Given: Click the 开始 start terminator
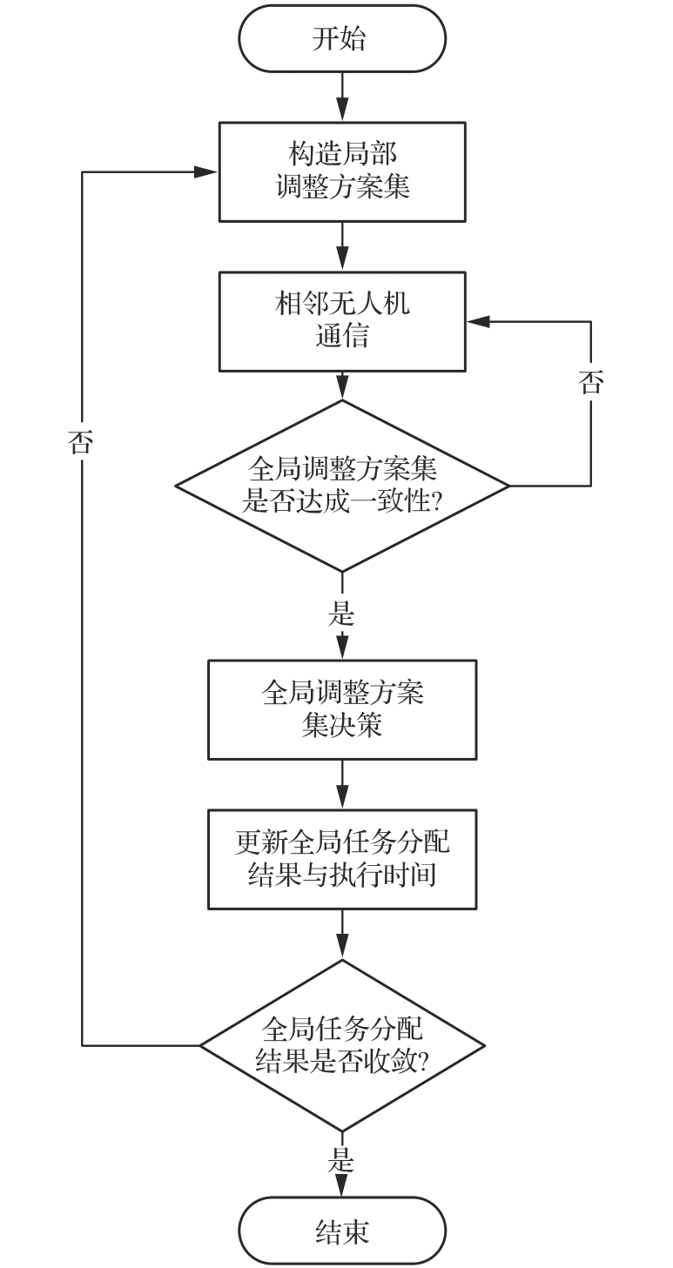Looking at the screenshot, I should (341, 39).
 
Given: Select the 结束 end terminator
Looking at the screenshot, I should (341, 1231).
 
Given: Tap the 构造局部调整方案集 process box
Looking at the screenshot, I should (341, 171).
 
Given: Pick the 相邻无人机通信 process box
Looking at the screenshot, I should (341, 321).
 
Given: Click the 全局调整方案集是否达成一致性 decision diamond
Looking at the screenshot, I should (341, 485).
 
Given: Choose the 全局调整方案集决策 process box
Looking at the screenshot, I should (341, 709).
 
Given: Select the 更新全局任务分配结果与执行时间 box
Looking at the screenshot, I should (341, 859).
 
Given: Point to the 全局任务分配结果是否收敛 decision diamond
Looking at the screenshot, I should (341, 1045).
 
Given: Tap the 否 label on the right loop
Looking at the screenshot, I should (591, 383).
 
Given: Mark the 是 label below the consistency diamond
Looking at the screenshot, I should (341, 614).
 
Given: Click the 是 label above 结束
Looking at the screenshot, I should (341, 1160).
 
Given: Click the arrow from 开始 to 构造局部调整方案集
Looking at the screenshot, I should (341, 97).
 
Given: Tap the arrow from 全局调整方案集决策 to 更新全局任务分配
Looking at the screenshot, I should (341, 784).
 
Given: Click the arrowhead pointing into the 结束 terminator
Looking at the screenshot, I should (341, 1187).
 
